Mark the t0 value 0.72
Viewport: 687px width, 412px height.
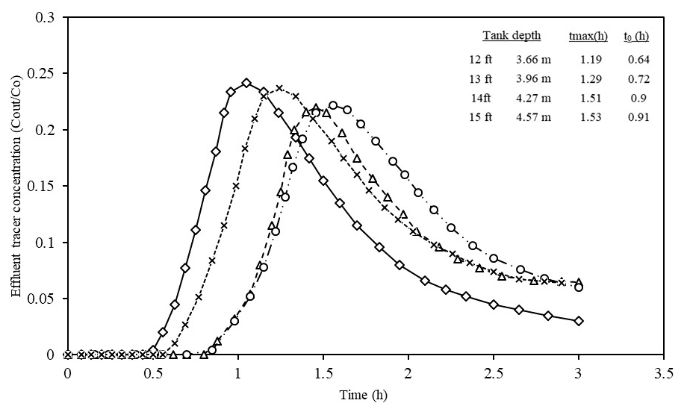(x=638, y=78)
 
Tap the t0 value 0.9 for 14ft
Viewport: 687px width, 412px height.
(x=637, y=98)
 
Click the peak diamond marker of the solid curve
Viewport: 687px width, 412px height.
(x=246, y=83)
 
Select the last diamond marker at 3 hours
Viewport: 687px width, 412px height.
(x=579, y=321)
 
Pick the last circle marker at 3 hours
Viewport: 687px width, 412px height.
(x=579, y=287)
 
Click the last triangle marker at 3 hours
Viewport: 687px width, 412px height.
(x=579, y=281)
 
